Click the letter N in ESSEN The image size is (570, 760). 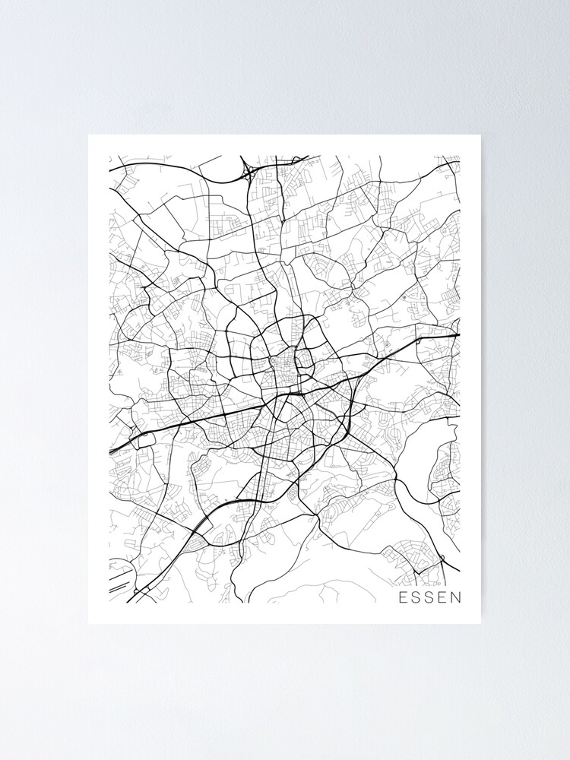454,597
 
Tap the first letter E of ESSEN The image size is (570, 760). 404,597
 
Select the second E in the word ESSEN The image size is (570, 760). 442,597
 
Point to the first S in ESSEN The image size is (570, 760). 416,597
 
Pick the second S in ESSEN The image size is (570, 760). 429,597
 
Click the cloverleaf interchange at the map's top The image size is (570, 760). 249,173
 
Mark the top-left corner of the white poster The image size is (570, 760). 89,136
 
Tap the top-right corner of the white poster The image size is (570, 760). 480,136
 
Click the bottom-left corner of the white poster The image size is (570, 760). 89,623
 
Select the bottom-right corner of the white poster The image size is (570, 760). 480,623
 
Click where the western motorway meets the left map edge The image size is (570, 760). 110,453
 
